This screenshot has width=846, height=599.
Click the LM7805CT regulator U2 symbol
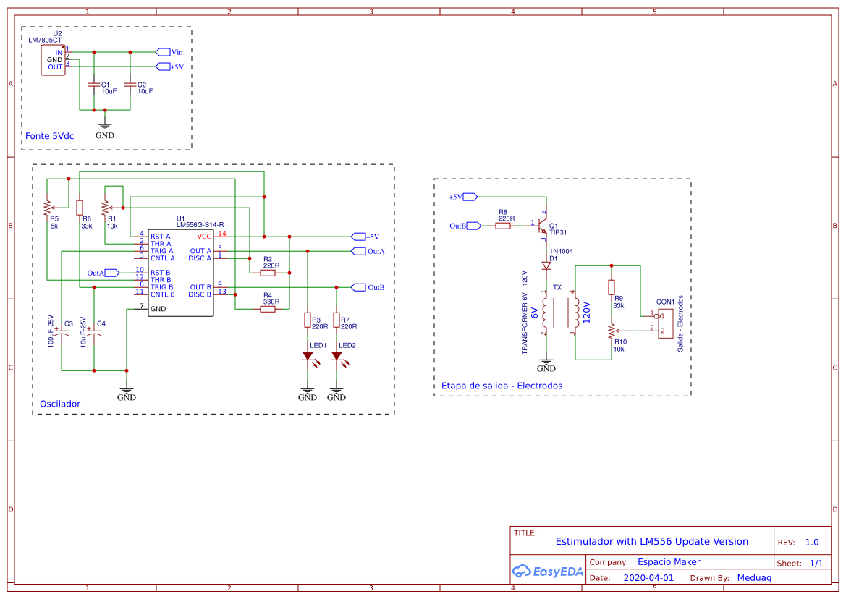(x=55, y=59)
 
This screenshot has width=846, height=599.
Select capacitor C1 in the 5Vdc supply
(x=93, y=85)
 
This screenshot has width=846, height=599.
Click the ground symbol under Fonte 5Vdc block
(x=105, y=125)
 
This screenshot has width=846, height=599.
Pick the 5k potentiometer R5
(x=47, y=208)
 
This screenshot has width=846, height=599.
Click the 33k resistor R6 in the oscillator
(x=80, y=208)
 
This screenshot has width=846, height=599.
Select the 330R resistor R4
(x=268, y=309)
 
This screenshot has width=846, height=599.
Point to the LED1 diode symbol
(x=308, y=356)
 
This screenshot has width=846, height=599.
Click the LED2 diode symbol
(x=337, y=356)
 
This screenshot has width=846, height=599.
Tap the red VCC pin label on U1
(x=204, y=237)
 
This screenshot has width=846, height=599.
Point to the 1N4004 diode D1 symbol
(x=547, y=266)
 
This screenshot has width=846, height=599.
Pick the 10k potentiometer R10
(x=612, y=331)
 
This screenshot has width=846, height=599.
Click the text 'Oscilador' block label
(x=60, y=404)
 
